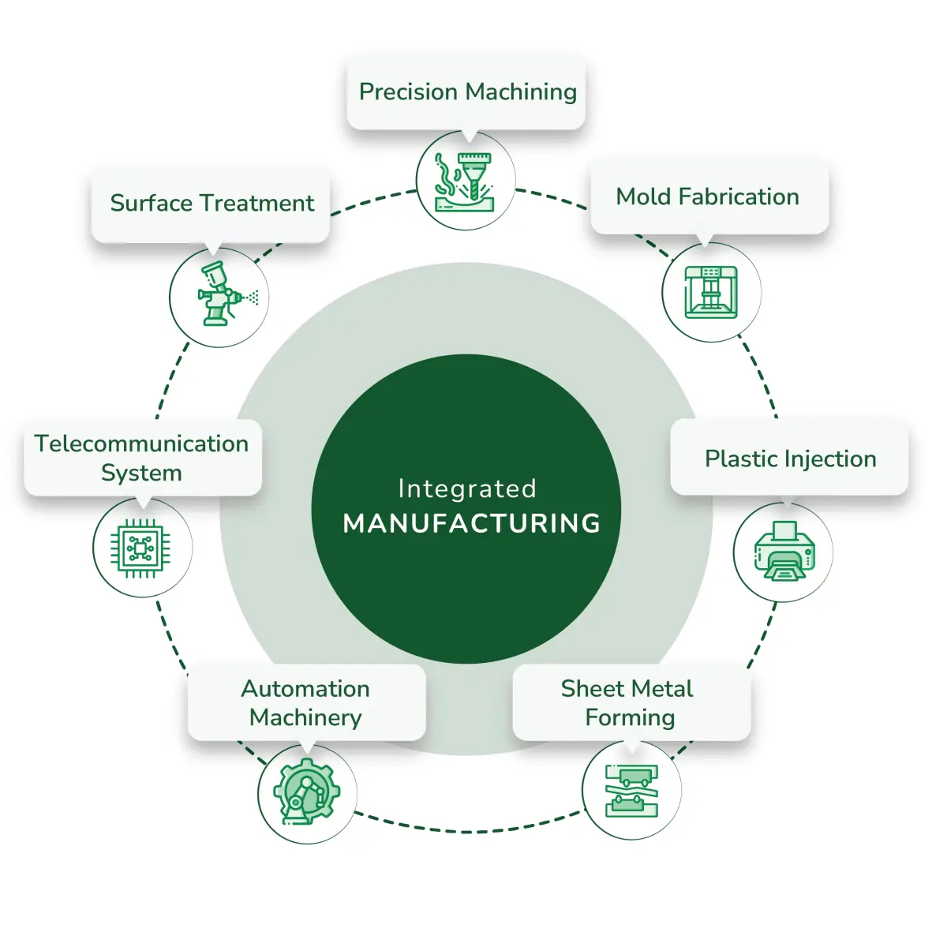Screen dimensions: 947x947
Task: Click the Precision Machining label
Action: click(467, 92)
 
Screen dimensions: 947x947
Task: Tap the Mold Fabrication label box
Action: click(708, 197)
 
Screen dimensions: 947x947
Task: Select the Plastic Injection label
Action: click(790, 459)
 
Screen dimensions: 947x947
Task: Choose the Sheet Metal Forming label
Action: click(629, 702)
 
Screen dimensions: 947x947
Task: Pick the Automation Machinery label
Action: click(306, 702)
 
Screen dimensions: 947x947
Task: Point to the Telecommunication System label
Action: click(142, 458)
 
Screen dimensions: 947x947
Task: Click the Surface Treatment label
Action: click(211, 204)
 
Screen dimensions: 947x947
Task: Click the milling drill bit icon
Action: click(466, 182)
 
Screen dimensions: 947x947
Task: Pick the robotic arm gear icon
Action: click(307, 792)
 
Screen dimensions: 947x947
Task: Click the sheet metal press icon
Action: click(631, 790)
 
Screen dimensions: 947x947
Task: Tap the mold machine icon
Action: click(711, 292)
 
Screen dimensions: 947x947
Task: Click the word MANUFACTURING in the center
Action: click(472, 523)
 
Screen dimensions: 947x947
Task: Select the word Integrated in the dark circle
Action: click(467, 489)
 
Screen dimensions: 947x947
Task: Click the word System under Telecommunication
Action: click(142, 473)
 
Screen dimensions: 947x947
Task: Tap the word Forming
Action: click(630, 717)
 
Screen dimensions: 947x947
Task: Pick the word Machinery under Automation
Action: click(306, 717)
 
